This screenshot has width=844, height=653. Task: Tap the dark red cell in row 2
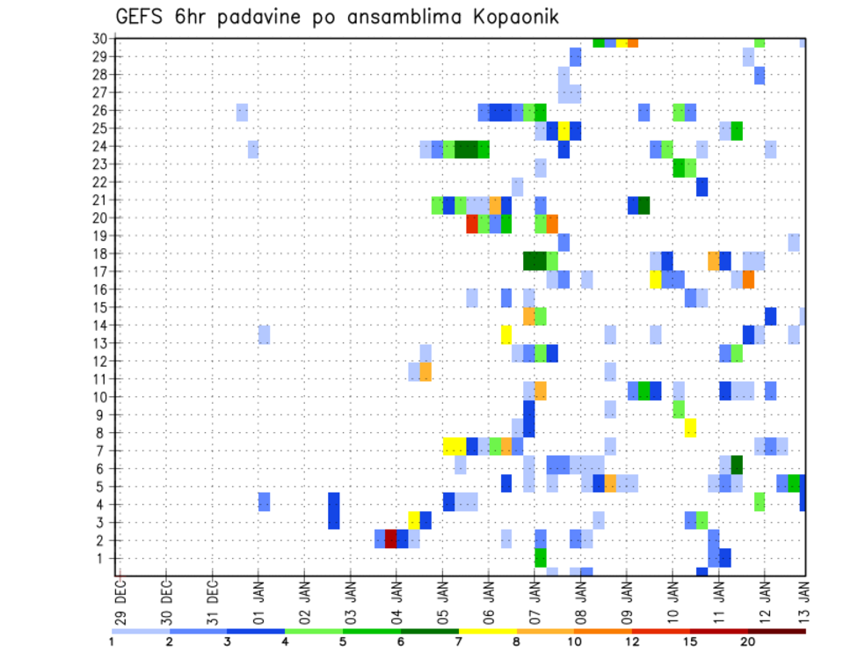coord(391,539)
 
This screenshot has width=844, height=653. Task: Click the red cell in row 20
coord(472,224)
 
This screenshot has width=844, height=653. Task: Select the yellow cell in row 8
coord(690,428)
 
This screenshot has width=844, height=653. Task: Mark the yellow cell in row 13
coord(506,334)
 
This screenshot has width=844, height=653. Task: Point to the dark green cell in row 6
coord(737,464)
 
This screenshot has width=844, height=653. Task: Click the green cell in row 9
coord(679,409)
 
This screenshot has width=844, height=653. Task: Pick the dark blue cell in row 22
coord(702,187)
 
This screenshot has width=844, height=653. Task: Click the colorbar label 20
coord(748,642)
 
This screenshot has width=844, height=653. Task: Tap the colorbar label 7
coord(458,642)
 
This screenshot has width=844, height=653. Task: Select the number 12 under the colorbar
coord(632,642)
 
